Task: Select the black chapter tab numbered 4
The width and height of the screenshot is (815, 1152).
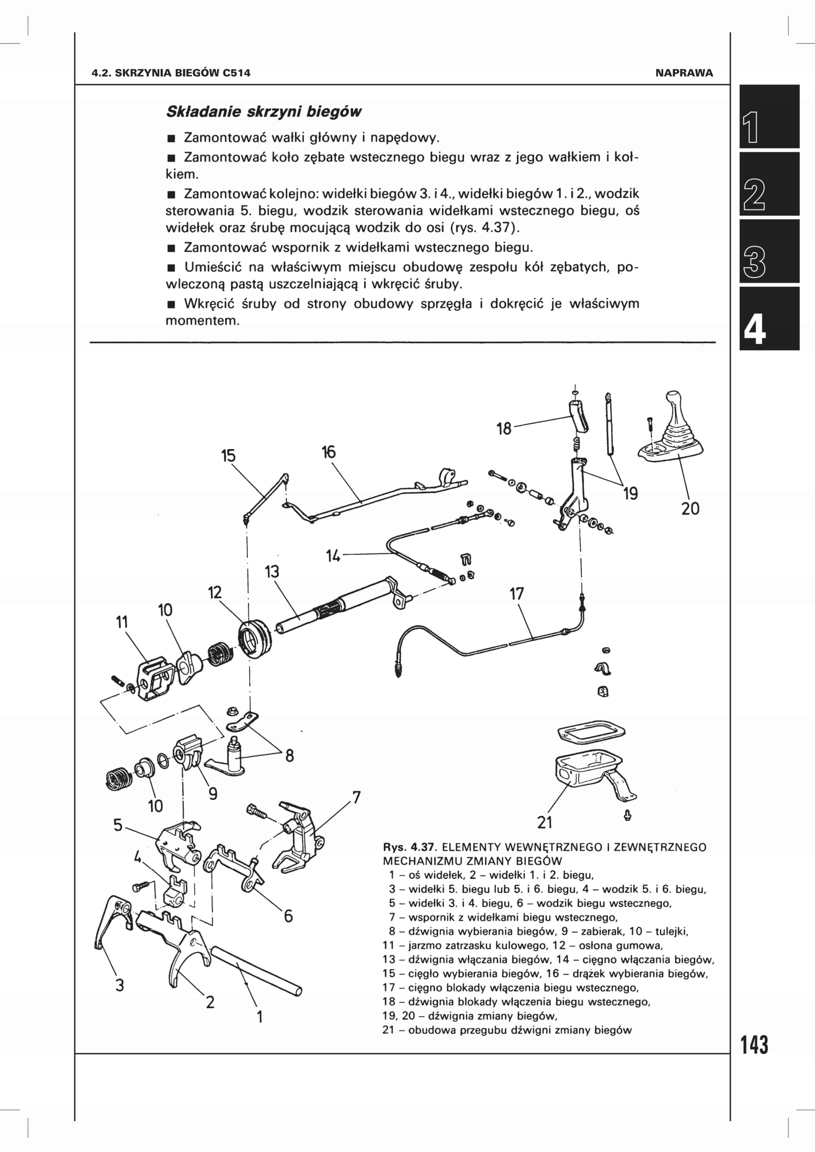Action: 769,319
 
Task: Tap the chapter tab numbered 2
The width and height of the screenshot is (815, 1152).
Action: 769,184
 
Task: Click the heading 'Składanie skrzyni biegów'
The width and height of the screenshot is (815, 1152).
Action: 264,111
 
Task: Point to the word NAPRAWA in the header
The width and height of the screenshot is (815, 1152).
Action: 683,73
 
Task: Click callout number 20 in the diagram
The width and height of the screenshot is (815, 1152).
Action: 690,508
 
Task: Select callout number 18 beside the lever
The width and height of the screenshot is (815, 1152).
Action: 504,428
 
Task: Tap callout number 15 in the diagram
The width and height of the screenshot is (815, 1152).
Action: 228,456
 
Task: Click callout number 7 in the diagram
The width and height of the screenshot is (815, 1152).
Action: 356,797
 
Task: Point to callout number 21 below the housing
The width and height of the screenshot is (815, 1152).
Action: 544,823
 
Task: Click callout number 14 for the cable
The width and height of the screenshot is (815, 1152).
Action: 333,556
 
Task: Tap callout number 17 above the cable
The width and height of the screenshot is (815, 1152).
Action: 516,594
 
